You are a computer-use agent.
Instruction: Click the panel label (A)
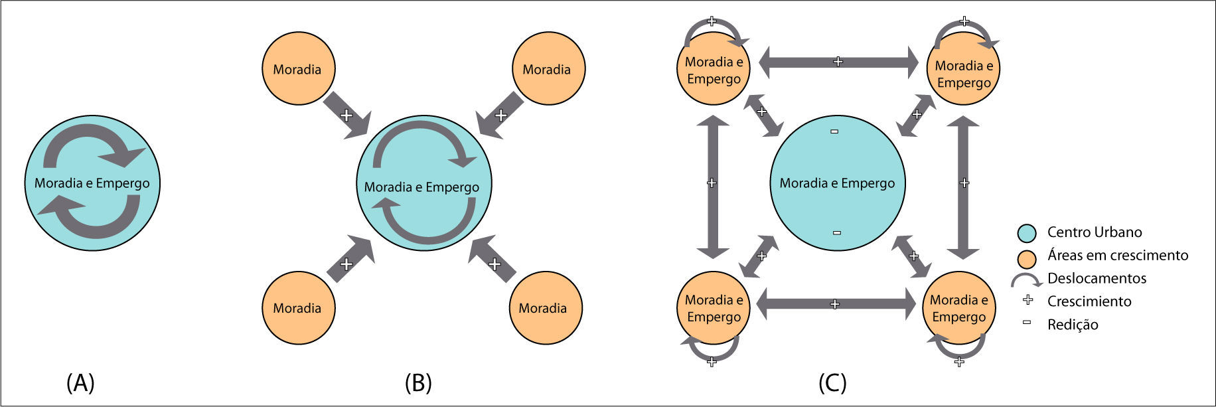click(x=80, y=383)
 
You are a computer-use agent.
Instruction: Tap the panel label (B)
click(x=418, y=383)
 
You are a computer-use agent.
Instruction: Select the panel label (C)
click(x=832, y=383)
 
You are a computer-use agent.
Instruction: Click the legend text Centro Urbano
click(x=1094, y=232)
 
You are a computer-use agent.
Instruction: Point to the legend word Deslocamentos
click(x=1097, y=278)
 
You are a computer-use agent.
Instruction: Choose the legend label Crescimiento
click(x=1089, y=301)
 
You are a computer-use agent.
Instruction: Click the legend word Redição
click(x=1072, y=325)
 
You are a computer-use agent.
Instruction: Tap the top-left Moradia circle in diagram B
click(x=297, y=69)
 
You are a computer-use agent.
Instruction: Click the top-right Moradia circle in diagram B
click(x=548, y=68)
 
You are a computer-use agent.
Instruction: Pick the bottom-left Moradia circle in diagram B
click(x=298, y=307)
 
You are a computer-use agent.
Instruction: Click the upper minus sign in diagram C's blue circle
click(x=834, y=131)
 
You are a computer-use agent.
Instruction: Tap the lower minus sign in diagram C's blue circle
click(x=836, y=232)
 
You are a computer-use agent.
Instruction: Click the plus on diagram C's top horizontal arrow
click(x=838, y=62)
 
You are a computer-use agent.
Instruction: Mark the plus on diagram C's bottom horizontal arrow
click(x=835, y=304)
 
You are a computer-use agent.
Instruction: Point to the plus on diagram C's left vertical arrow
click(x=712, y=183)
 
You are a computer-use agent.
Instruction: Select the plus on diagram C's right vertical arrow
click(x=964, y=183)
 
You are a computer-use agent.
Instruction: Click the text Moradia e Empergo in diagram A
click(x=92, y=183)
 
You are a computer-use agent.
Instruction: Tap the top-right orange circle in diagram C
click(x=964, y=68)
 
